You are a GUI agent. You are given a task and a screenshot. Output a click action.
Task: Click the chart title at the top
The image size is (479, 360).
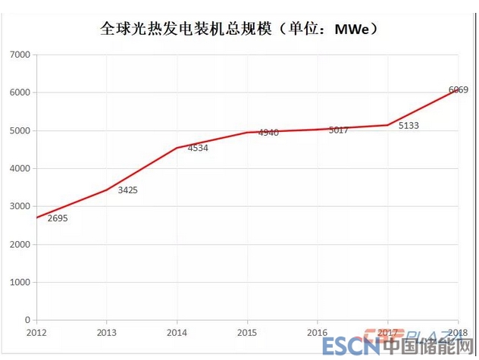[x=239, y=31]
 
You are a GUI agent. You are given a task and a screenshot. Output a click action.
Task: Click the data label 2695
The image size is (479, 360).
[x=58, y=218]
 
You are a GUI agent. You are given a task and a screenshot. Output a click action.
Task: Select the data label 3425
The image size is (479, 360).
[x=127, y=190]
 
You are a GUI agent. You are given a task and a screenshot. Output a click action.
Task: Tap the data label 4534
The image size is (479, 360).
[x=198, y=148]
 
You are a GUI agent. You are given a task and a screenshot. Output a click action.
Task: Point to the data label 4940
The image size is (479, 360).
[x=268, y=133]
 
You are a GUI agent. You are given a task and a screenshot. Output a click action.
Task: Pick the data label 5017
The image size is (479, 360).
[x=338, y=130]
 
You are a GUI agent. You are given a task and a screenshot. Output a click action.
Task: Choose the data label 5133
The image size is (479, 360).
[x=409, y=126]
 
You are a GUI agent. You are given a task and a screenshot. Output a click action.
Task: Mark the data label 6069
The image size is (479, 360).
[x=458, y=90]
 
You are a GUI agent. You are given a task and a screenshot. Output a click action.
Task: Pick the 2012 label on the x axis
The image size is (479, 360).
[x=36, y=332]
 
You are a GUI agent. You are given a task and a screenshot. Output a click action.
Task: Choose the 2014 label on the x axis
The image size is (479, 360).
[x=177, y=332]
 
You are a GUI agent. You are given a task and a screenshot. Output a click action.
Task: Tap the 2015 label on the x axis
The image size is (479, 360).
[x=247, y=332]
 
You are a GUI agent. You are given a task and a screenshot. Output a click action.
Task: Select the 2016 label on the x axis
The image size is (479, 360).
[x=318, y=332]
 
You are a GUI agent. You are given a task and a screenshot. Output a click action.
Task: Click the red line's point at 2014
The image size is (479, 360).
[x=177, y=148]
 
